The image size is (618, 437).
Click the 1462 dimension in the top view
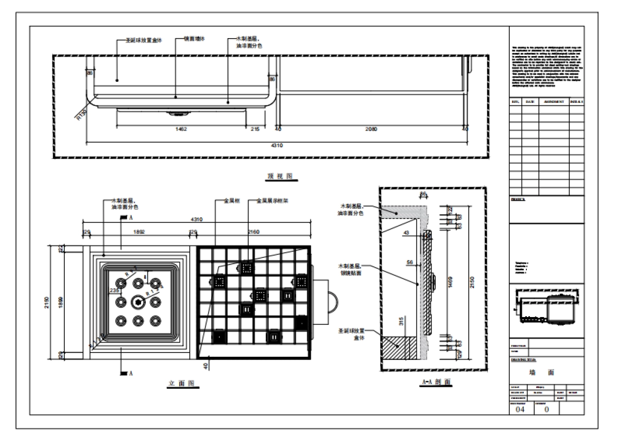tap(181, 129)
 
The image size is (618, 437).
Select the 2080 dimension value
tap(371, 129)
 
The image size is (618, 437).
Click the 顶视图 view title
tap(280, 176)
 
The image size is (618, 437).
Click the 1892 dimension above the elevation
tap(139, 232)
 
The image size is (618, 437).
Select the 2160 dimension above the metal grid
tap(254, 232)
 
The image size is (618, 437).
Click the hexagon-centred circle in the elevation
tap(138, 302)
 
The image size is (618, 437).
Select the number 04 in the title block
tap(519, 410)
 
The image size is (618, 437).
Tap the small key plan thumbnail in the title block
tap(546, 309)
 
